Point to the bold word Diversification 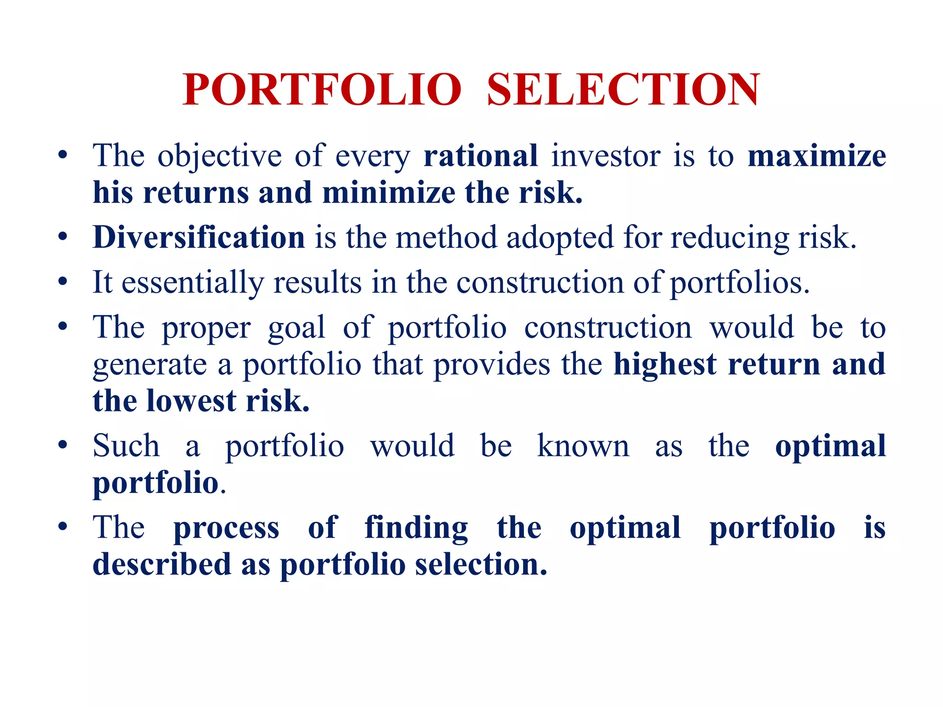[x=199, y=238]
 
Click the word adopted [x=560, y=238]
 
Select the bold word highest [x=665, y=364]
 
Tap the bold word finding [x=416, y=528]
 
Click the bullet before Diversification [x=63, y=238]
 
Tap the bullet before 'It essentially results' [x=63, y=281]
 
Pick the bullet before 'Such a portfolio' [x=63, y=445]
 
